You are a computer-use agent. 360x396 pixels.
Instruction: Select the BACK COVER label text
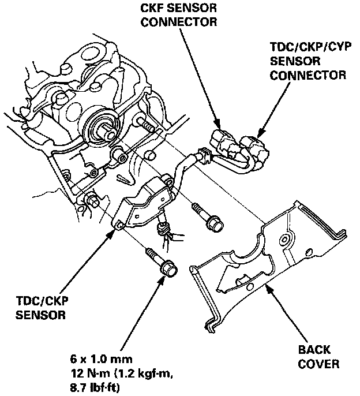pyautogui.click(x=318, y=357)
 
